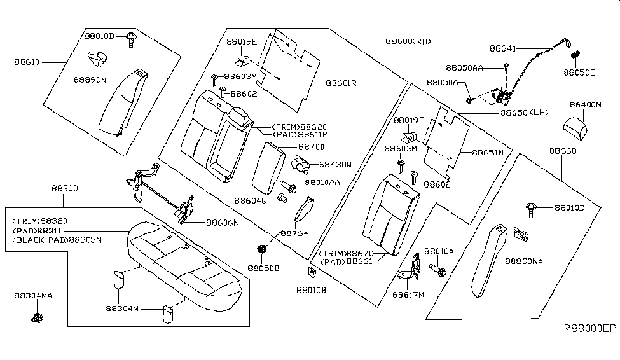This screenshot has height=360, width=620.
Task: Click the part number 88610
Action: click(26, 62)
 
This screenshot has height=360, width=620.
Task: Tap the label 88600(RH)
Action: click(408, 41)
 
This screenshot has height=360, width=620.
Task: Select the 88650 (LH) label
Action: click(522, 112)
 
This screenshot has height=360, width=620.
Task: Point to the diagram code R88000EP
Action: click(590, 328)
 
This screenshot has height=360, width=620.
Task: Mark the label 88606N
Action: click(222, 223)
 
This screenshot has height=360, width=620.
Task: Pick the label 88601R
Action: click(341, 83)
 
